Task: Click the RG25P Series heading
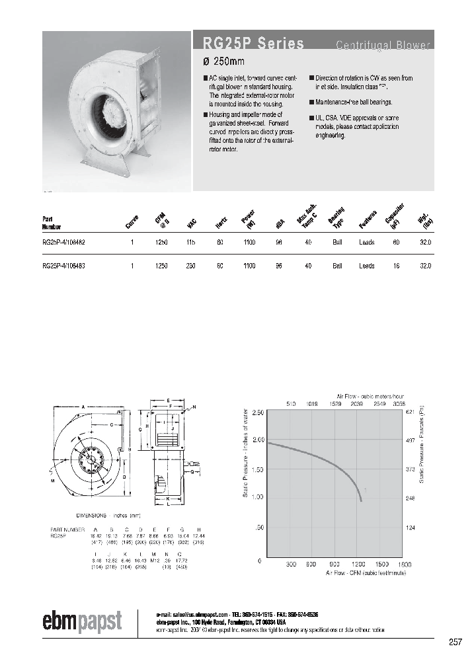coord(249,44)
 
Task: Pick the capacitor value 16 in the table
coord(397,266)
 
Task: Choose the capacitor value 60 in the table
coord(397,243)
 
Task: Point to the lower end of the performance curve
coord(361,500)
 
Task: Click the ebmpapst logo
coord(83,621)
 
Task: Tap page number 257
coord(455,642)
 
